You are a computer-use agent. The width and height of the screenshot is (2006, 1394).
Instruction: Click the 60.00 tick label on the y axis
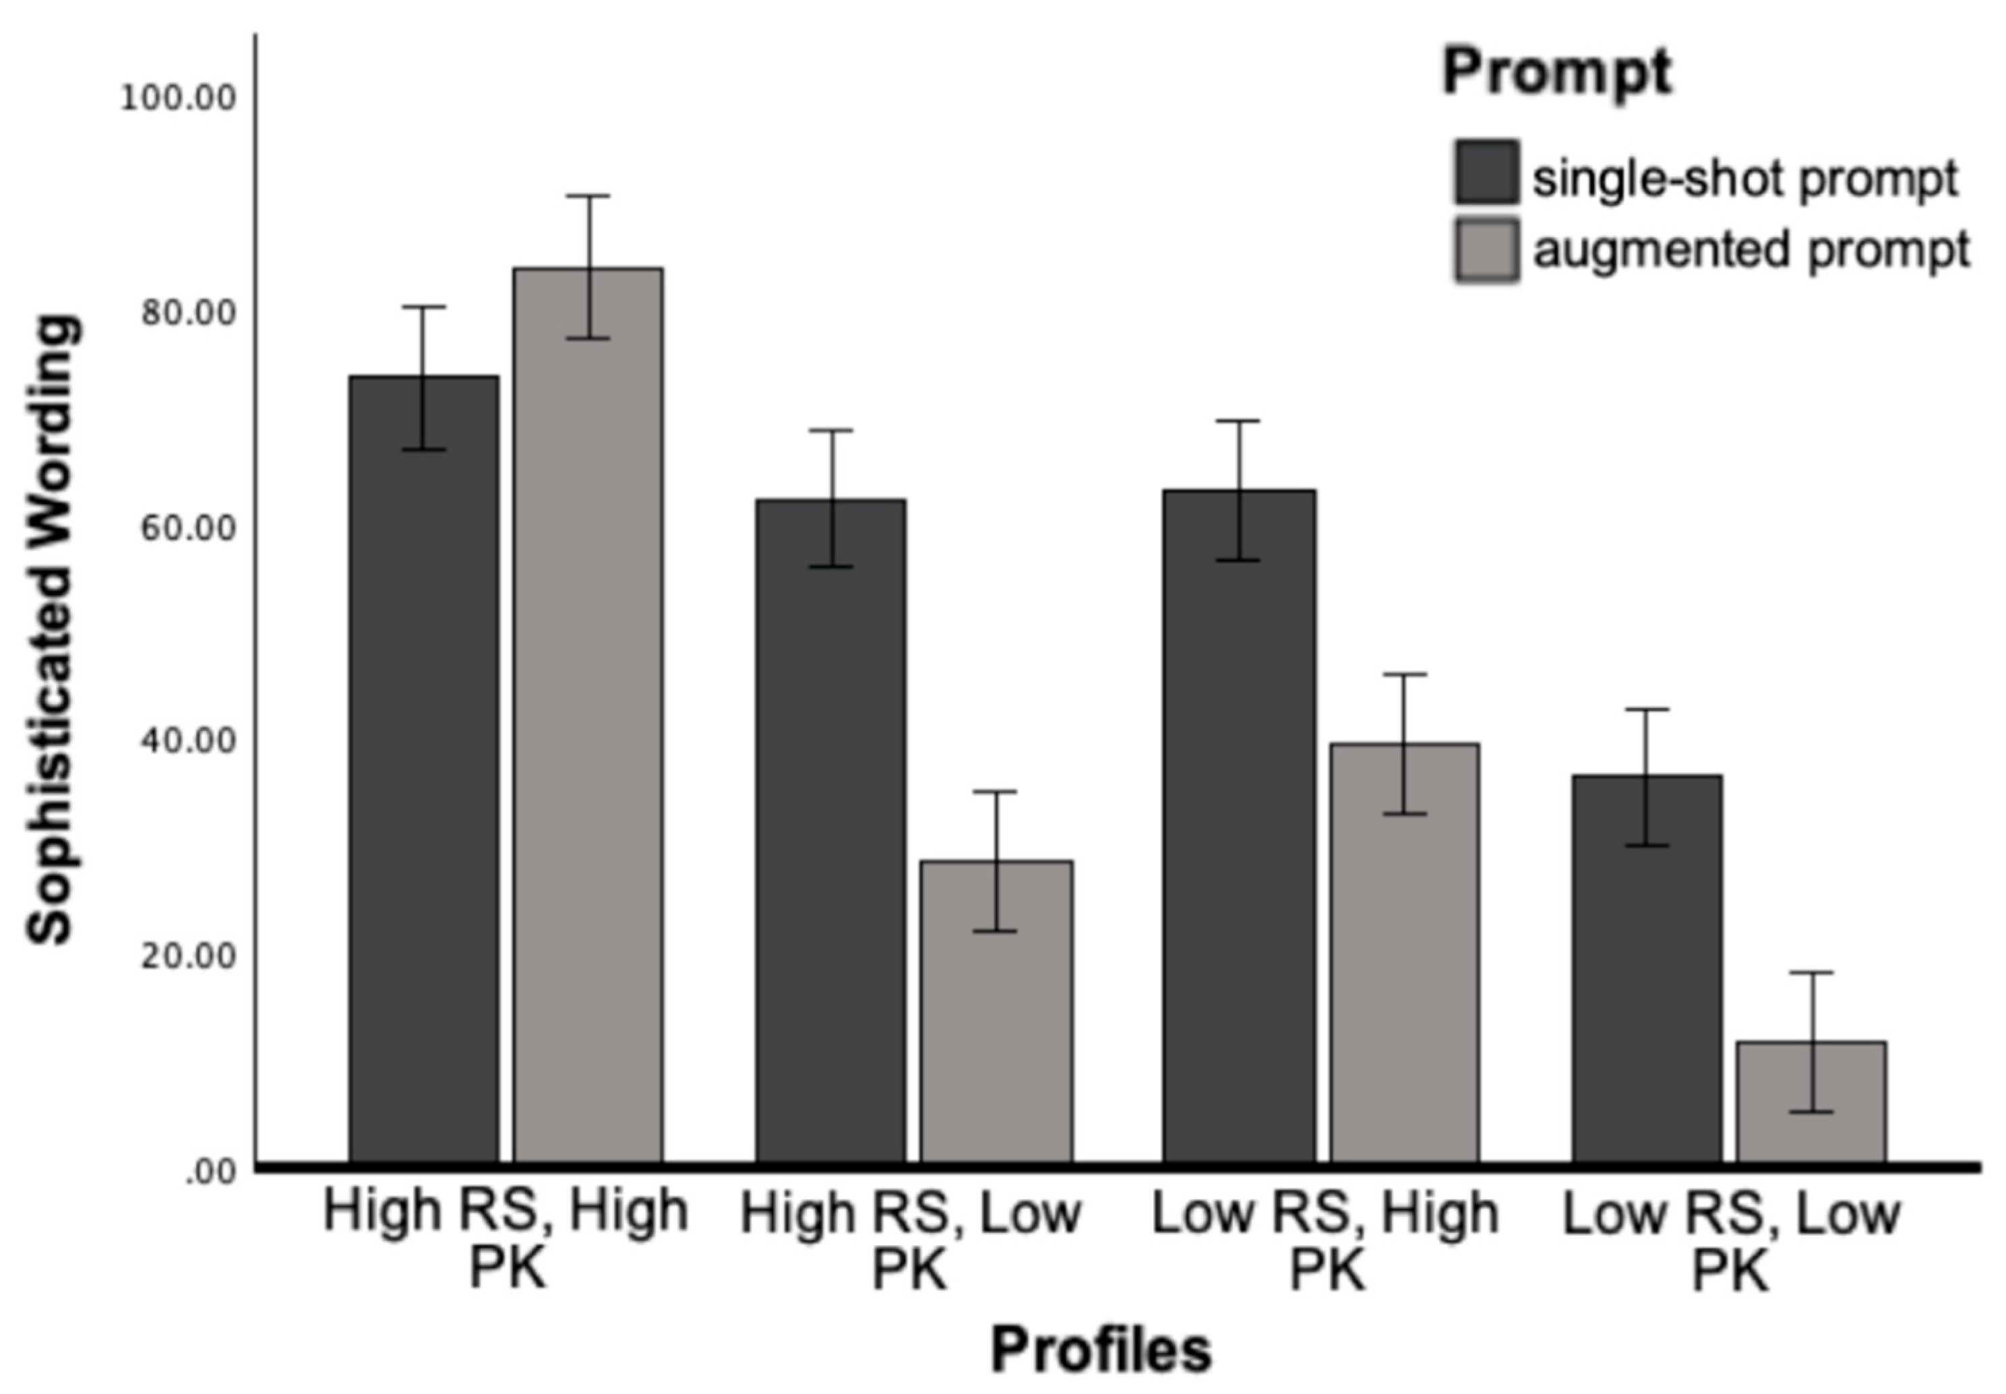click(x=189, y=528)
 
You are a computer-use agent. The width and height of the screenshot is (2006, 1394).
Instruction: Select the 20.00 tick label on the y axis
click(x=189, y=955)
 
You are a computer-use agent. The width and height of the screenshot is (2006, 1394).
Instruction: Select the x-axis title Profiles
click(x=1101, y=1350)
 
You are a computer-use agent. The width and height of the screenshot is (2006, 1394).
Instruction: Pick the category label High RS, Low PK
click(x=911, y=1241)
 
